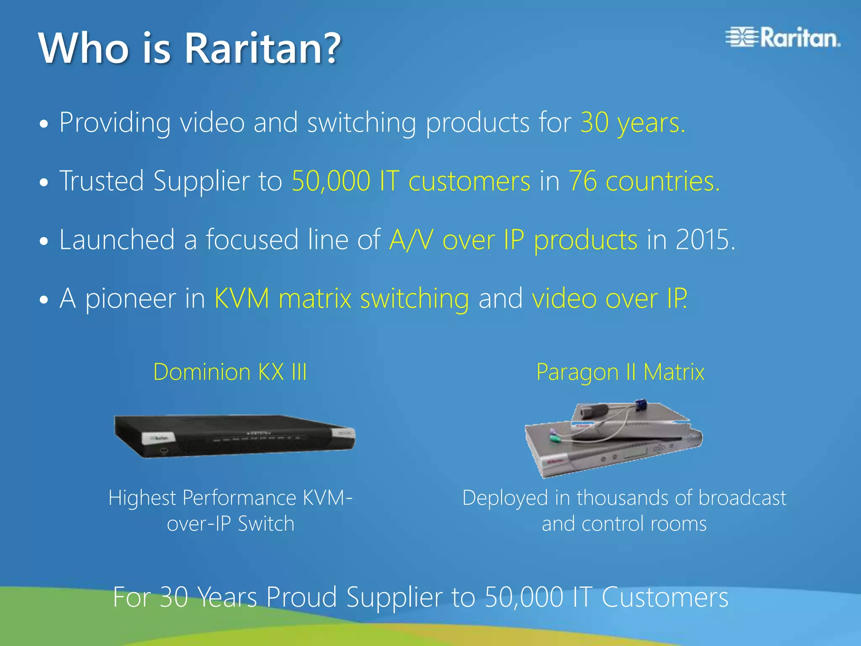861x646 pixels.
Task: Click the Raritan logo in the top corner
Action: [x=783, y=38]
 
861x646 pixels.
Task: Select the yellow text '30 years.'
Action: [x=632, y=123]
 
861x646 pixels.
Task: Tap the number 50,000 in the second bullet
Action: [x=331, y=181]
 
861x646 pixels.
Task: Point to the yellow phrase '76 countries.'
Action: [x=644, y=181]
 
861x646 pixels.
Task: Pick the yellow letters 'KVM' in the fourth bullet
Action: [x=242, y=299]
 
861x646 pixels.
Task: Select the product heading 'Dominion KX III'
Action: [x=230, y=372]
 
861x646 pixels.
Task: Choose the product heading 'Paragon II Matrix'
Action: [x=620, y=372]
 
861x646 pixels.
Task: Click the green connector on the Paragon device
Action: [x=555, y=439]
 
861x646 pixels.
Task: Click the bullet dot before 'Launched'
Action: [x=44, y=241]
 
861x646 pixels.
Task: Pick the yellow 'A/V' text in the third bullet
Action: [x=411, y=240]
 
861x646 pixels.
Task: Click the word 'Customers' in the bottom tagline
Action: [x=665, y=597]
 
